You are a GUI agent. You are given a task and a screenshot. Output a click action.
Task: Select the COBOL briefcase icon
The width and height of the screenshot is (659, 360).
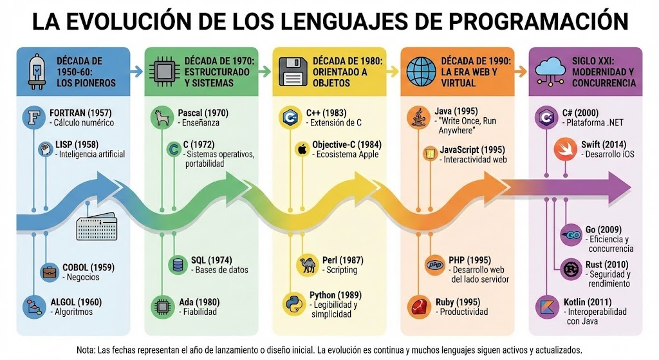tap(48, 272)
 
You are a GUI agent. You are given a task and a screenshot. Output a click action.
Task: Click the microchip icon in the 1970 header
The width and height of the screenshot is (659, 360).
tap(163, 71)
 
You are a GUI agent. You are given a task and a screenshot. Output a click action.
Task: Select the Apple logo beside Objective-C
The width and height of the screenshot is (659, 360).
tap(301, 149)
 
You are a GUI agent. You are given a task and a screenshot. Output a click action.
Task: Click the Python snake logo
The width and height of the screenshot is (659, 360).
tap(293, 302)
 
